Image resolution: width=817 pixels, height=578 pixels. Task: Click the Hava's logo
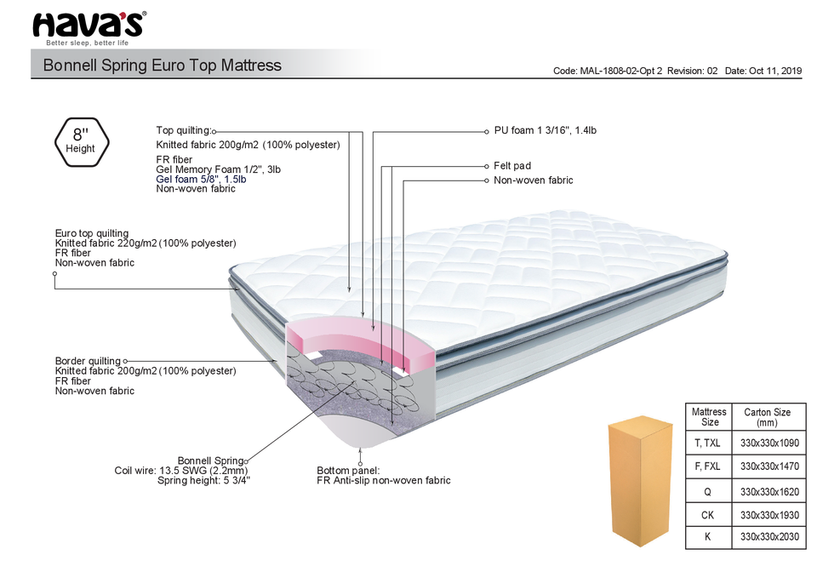89,25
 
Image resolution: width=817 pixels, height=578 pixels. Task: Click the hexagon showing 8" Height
81,140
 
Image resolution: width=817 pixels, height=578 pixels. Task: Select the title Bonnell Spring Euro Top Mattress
162,66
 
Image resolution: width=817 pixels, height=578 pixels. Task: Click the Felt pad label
511,166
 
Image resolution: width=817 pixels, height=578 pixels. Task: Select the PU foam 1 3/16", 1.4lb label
551,131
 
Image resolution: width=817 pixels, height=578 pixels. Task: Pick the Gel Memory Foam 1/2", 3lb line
219,169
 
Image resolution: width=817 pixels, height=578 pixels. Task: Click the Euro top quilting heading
92,233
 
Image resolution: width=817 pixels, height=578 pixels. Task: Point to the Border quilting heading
88,361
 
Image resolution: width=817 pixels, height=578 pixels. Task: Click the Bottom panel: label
348,471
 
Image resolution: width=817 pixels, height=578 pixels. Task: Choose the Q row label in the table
708,491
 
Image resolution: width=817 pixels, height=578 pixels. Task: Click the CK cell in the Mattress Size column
708,515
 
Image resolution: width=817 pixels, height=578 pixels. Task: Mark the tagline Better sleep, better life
87,43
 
